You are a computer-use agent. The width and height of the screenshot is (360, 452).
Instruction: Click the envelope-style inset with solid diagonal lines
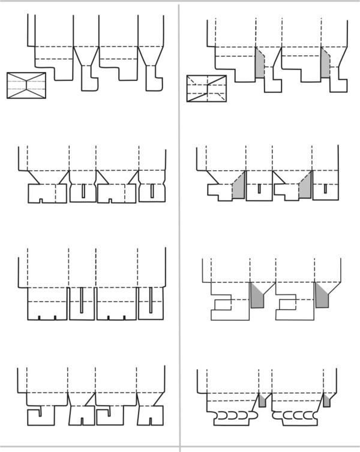pos(26,85)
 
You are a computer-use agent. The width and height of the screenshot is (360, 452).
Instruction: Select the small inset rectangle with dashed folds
pos(206,89)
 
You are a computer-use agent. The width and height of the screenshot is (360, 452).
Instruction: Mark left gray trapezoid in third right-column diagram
pos(257,296)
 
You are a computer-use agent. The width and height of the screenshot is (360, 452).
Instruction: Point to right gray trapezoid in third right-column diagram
pos(323,296)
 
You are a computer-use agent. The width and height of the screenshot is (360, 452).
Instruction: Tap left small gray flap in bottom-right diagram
pos(262,401)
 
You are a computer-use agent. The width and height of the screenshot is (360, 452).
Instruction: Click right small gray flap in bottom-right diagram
pos(326,401)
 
